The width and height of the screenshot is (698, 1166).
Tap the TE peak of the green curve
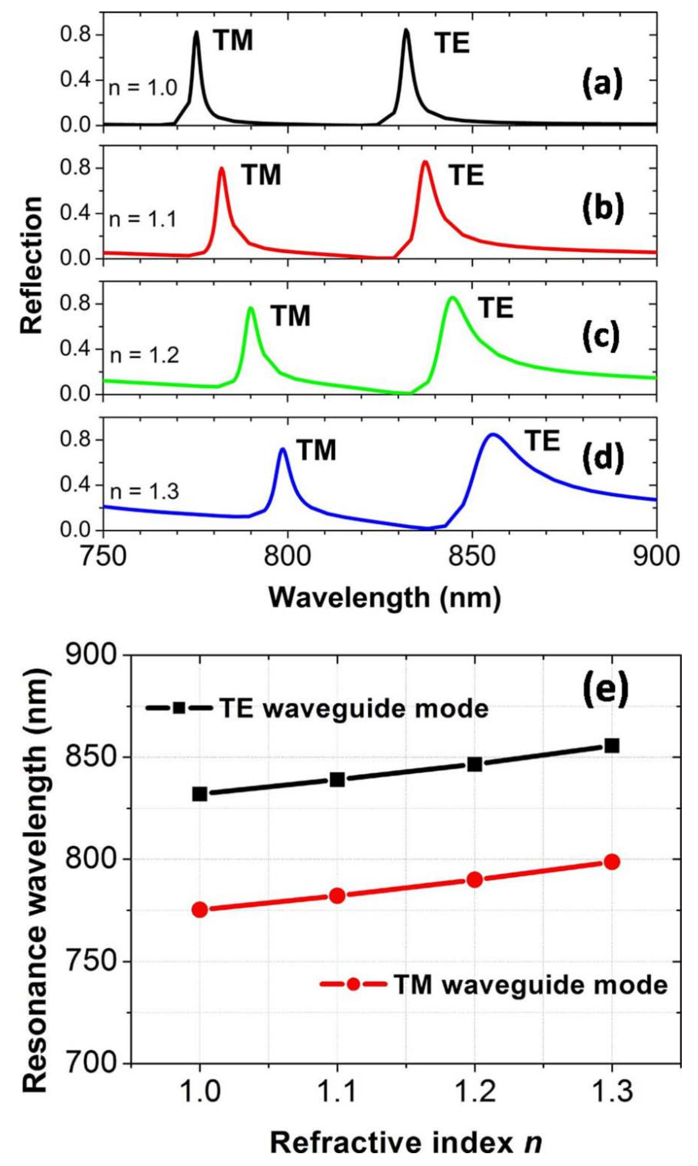pyautogui.click(x=452, y=298)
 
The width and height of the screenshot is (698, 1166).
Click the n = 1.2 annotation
pyautogui.click(x=144, y=356)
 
